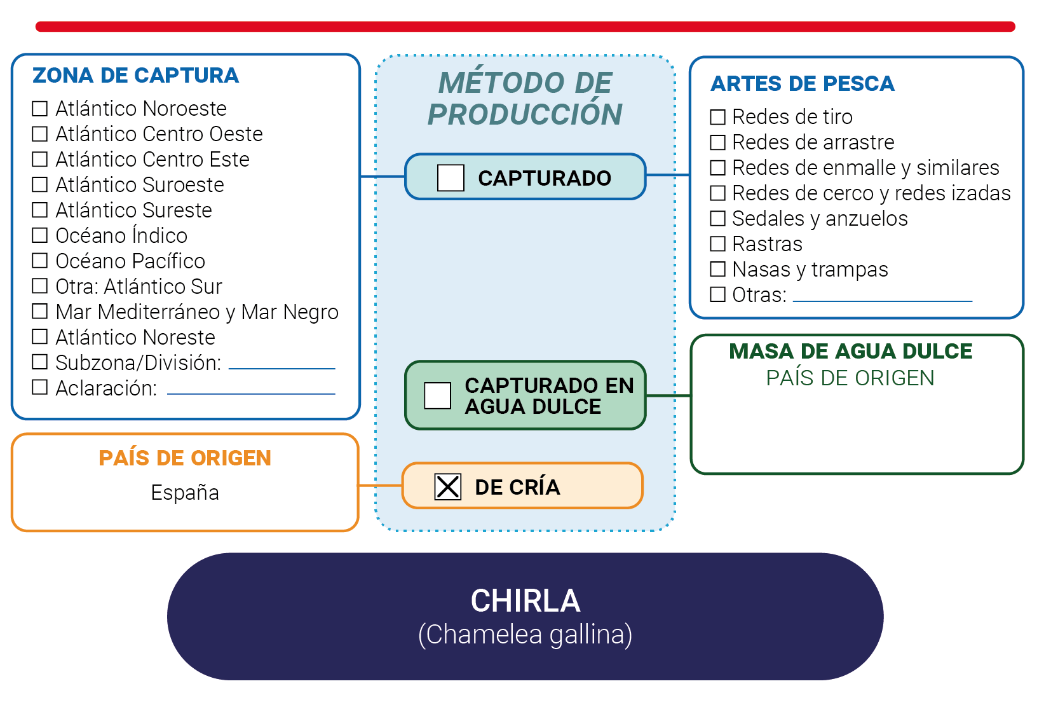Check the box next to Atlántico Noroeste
click(x=39, y=109)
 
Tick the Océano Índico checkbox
click(x=39, y=235)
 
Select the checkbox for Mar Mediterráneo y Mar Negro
click(x=39, y=312)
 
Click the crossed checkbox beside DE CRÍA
click(x=447, y=486)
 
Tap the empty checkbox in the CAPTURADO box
click(x=451, y=177)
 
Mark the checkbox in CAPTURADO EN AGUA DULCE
click(x=437, y=395)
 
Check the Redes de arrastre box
click(x=717, y=142)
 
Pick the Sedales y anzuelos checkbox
click(x=717, y=218)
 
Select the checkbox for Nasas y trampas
click(x=717, y=269)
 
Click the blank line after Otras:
click(x=882, y=301)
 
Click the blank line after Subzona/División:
click(x=281, y=369)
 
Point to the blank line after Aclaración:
click(x=251, y=394)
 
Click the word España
click(x=185, y=493)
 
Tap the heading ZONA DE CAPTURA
click(x=135, y=75)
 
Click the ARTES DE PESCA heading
click(x=803, y=83)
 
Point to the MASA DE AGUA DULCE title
click(x=851, y=351)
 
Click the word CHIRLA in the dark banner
click(x=525, y=601)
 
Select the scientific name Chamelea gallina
click(x=525, y=634)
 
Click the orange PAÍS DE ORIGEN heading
click(x=185, y=458)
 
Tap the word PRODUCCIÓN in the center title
click(x=525, y=114)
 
